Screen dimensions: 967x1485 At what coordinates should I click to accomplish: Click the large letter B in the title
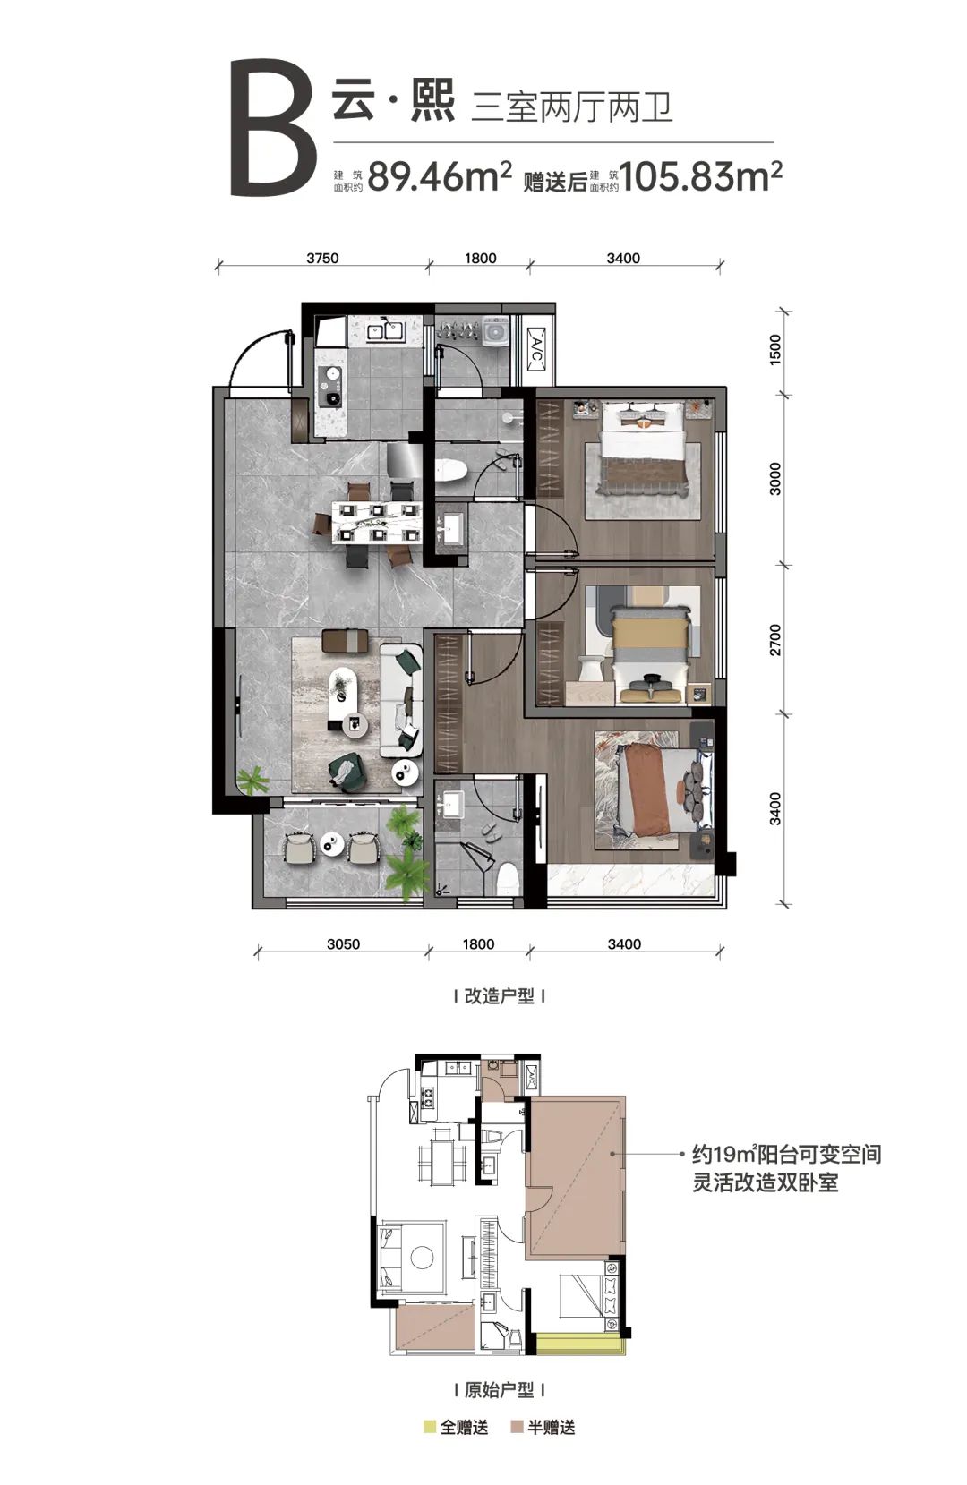(x=272, y=128)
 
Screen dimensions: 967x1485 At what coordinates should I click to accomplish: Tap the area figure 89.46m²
(x=439, y=175)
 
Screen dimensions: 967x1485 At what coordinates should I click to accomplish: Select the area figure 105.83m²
(x=701, y=175)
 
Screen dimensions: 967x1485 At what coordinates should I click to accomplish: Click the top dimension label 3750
(x=322, y=258)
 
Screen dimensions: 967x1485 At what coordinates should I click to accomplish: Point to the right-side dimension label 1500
(x=775, y=348)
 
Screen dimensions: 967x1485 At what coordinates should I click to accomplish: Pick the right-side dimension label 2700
(x=775, y=640)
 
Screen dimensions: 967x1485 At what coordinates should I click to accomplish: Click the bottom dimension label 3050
(x=343, y=944)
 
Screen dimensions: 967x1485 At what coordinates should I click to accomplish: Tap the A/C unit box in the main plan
(x=535, y=347)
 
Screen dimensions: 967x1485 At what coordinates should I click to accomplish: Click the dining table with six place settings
(x=377, y=523)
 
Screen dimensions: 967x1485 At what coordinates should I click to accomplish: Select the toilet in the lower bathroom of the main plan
(x=508, y=877)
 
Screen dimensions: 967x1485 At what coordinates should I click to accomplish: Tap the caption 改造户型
(x=499, y=996)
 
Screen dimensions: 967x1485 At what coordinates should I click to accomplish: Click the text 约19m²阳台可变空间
(x=787, y=1154)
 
